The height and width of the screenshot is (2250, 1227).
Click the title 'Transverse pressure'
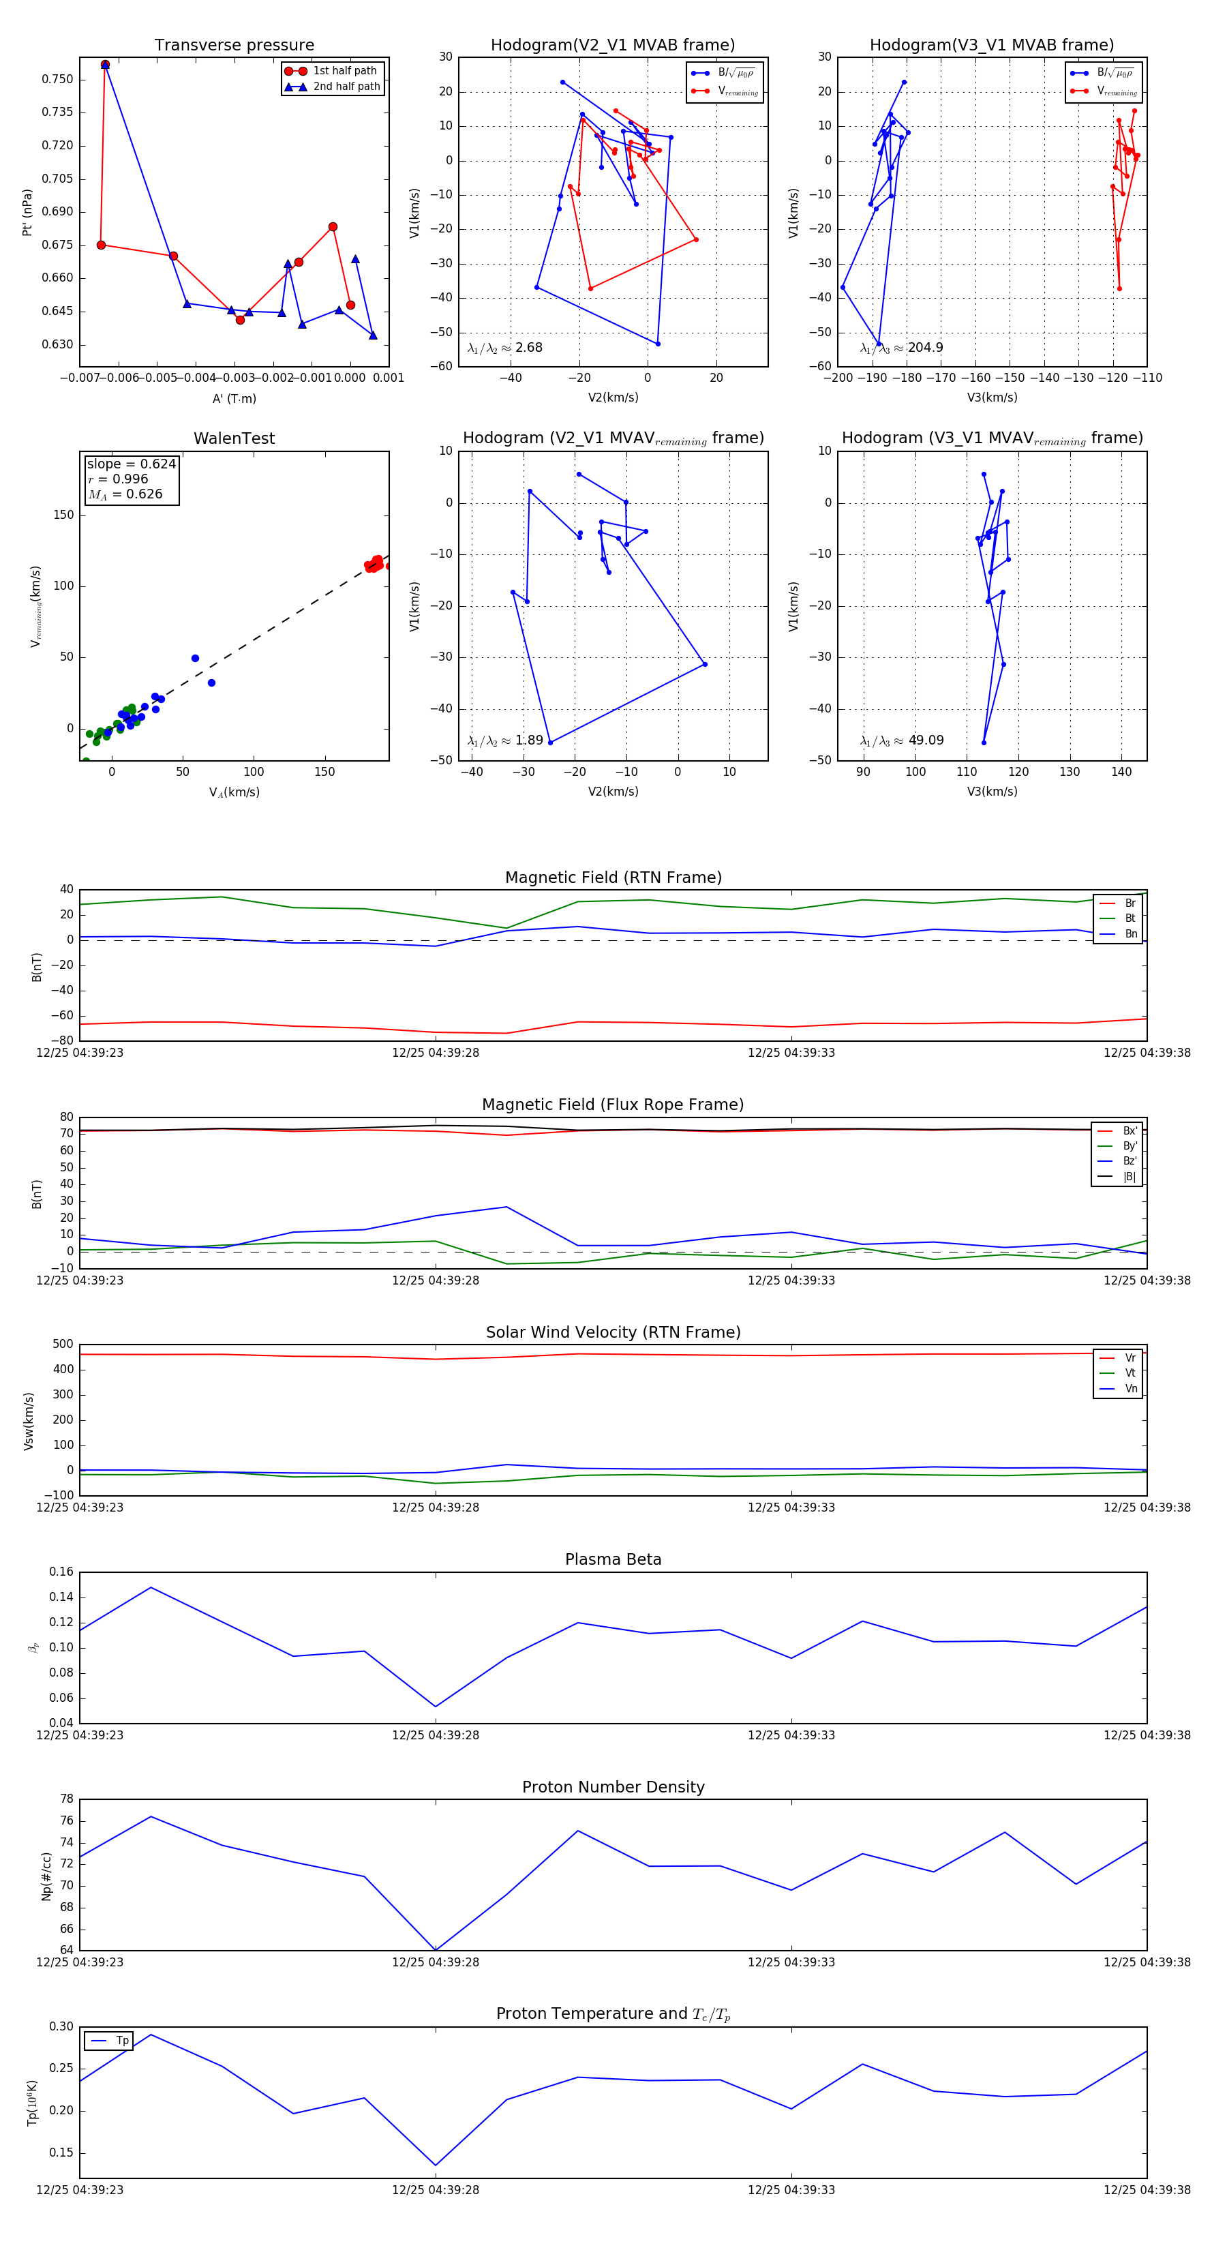(x=234, y=46)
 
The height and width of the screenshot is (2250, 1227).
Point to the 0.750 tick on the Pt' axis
(x=58, y=80)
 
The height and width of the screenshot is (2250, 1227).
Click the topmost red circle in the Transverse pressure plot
(x=105, y=65)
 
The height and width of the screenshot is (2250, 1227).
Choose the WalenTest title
(x=234, y=438)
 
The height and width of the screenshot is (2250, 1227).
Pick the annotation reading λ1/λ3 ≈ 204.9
(x=901, y=348)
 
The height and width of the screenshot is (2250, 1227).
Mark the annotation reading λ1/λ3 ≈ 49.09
(x=901, y=740)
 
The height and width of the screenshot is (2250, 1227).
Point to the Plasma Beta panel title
(x=613, y=1560)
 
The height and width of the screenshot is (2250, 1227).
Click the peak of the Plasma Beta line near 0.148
(x=151, y=1587)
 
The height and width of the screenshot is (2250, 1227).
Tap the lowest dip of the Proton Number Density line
(x=436, y=1949)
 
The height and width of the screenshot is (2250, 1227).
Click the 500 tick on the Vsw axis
(x=63, y=1345)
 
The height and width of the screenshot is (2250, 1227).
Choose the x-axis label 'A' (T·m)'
(x=234, y=399)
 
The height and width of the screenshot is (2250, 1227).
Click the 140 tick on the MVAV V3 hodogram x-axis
(x=1121, y=772)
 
